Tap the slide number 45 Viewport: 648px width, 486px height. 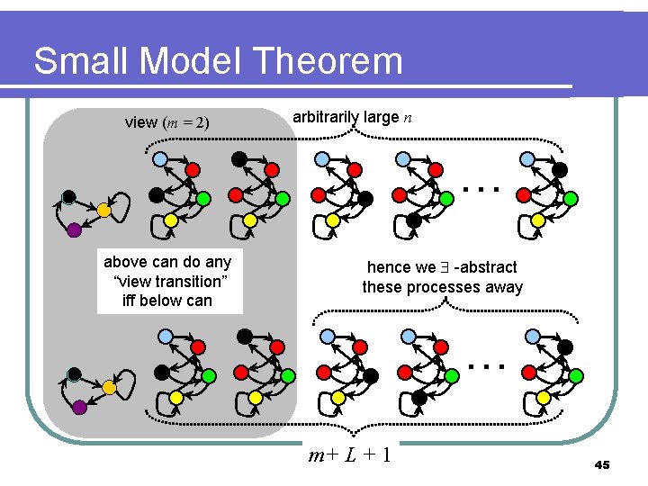[602, 464]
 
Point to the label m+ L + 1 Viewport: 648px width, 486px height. [349, 454]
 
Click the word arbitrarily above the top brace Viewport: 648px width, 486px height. [326, 116]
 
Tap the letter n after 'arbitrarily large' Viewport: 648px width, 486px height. [409, 117]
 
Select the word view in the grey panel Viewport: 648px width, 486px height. [141, 122]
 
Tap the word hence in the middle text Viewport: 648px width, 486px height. [389, 267]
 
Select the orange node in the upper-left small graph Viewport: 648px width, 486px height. [103, 210]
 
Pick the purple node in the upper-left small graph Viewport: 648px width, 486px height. [75, 230]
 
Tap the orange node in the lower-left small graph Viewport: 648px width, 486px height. [109, 387]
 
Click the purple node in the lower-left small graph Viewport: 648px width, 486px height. [79, 408]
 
